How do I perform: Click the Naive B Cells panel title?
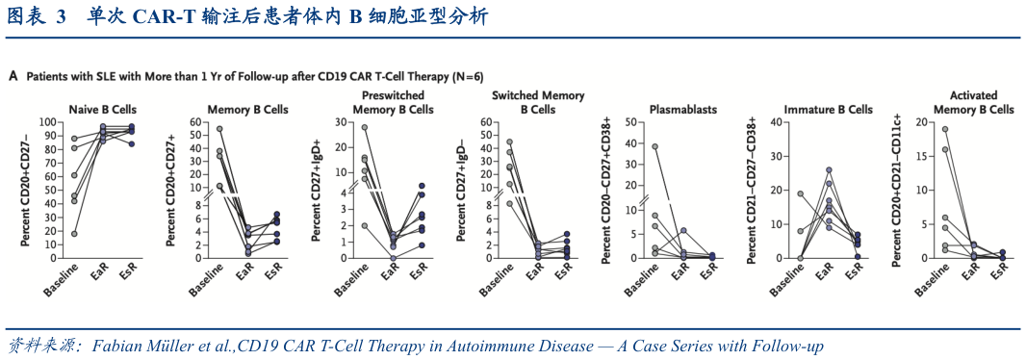(101, 109)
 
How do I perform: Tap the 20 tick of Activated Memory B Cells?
(916, 122)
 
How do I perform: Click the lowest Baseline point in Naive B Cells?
(75, 233)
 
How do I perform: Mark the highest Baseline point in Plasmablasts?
(654, 146)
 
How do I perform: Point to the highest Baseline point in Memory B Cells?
(219, 129)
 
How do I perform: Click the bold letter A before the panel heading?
(13, 74)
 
